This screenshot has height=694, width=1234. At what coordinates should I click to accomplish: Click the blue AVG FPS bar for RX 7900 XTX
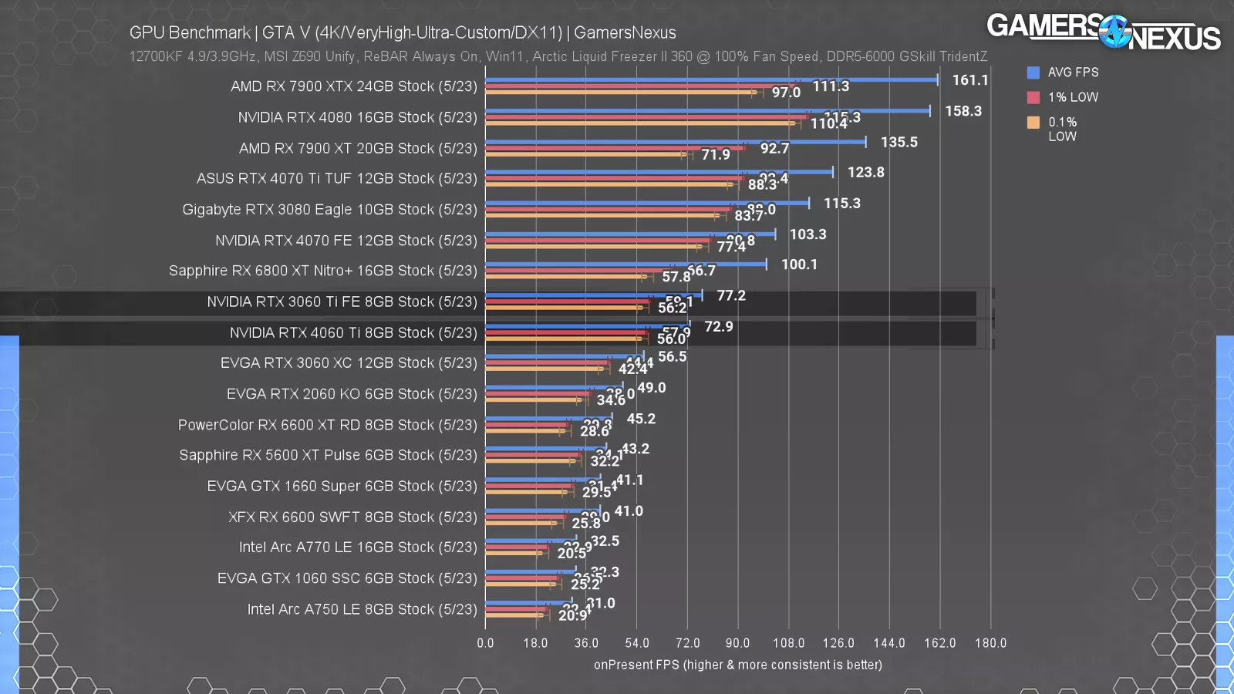pyautogui.click(x=710, y=79)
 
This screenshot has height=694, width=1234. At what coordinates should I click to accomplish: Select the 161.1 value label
pyautogui.click(x=969, y=80)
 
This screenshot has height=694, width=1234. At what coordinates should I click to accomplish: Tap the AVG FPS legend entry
pyautogui.click(x=1072, y=72)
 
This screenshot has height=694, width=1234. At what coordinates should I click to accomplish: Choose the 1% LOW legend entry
pyautogui.click(x=1072, y=97)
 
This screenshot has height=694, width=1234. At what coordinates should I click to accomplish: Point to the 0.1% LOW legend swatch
pyautogui.click(x=1033, y=122)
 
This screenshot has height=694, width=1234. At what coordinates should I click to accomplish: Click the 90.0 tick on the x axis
pyautogui.click(x=737, y=643)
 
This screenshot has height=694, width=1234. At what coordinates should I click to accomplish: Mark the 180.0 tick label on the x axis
pyautogui.click(x=990, y=643)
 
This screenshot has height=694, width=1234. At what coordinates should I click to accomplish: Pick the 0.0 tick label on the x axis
pyautogui.click(x=485, y=643)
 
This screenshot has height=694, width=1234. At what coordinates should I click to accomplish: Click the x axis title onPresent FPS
pyautogui.click(x=737, y=665)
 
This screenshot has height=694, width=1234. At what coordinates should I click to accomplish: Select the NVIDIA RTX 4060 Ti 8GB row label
pyautogui.click(x=353, y=332)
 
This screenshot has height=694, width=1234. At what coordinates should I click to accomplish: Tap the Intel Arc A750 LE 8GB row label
pyautogui.click(x=362, y=609)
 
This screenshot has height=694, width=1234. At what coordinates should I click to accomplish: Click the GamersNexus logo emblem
pyautogui.click(x=1114, y=32)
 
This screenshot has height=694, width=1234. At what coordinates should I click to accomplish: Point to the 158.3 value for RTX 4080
pyautogui.click(x=963, y=111)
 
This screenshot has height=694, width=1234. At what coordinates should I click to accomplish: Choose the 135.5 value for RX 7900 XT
pyautogui.click(x=899, y=142)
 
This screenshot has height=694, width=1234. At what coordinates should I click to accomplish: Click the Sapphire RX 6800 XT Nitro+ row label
pyautogui.click(x=323, y=271)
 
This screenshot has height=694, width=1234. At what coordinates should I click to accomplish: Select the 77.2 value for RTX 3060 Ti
pyautogui.click(x=730, y=295)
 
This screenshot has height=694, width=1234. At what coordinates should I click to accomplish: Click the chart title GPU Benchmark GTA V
pyautogui.click(x=403, y=32)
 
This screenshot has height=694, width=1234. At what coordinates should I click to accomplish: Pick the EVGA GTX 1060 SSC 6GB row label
pyautogui.click(x=347, y=578)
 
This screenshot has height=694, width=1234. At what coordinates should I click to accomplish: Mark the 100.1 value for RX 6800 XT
pyautogui.click(x=799, y=264)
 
